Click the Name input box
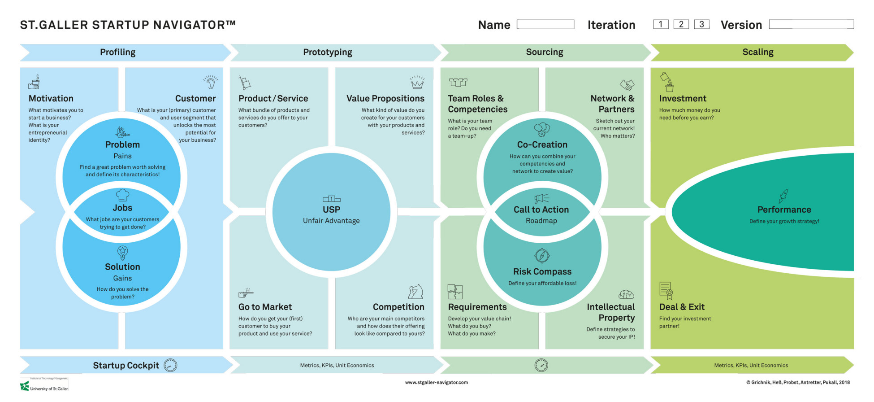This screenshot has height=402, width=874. [545, 24]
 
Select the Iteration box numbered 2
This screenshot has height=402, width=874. [681, 24]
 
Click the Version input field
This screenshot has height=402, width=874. [811, 24]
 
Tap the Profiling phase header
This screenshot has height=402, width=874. [118, 52]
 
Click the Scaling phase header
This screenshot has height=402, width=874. [757, 52]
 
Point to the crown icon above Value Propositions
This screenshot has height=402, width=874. [417, 82]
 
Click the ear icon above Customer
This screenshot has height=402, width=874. [210, 82]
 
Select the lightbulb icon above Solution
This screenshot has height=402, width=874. [122, 253]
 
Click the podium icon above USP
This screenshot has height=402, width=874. [331, 199]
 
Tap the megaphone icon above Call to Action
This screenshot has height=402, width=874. [541, 198]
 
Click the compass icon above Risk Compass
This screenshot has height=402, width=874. [542, 256]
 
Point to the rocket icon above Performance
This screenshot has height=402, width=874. [783, 196]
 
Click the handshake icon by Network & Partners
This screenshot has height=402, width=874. [627, 84]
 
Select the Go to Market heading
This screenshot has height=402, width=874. [265, 307]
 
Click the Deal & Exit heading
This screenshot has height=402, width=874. [682, 307]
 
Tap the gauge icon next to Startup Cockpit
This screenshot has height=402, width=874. [170, 365]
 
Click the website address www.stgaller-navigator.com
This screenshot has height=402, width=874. [436, 382]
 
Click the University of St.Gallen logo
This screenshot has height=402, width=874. [44, 385]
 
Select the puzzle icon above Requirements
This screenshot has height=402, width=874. [455, 292]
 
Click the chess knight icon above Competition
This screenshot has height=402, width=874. [415, 292]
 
